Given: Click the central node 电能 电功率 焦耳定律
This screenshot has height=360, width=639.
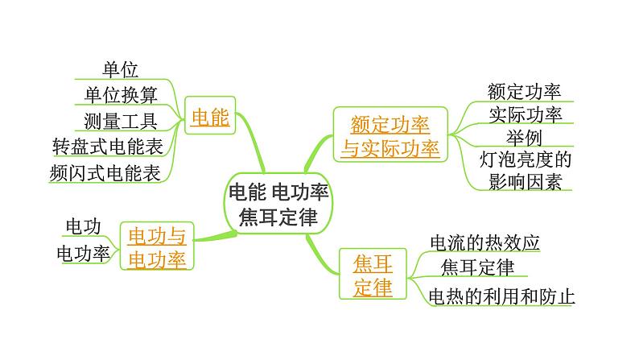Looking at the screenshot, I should click(278, 205).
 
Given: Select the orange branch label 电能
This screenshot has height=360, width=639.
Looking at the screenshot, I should click(210, 118).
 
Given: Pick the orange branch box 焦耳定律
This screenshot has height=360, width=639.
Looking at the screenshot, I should click(373, 275).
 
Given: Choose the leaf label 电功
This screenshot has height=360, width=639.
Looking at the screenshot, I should click(82, 226).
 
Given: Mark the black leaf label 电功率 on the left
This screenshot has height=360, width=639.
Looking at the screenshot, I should click(82, 253).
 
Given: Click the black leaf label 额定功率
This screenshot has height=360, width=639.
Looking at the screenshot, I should click(524, 90).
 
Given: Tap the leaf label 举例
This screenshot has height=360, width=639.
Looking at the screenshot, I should click(524, 137).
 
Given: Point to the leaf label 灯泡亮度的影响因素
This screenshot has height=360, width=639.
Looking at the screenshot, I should click(524, 169).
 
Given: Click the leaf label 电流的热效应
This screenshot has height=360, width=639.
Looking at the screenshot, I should click(484, 242).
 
